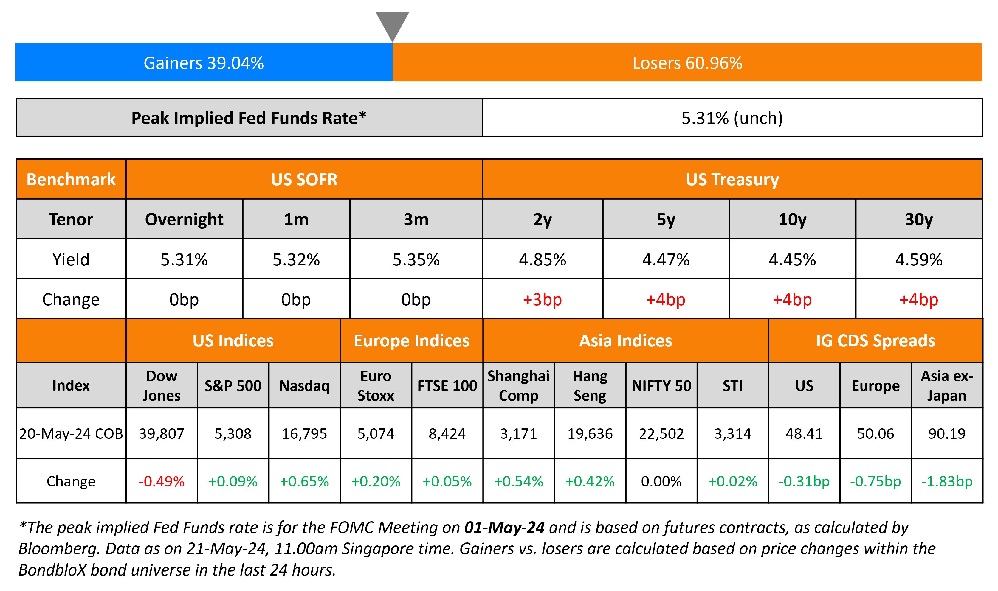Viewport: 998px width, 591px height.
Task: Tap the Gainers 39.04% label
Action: pos(204,63)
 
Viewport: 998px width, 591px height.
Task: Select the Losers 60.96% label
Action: pos(687,63)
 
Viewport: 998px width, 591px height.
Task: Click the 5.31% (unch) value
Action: pos(732,118)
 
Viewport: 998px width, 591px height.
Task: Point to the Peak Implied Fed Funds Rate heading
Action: pos(249,118)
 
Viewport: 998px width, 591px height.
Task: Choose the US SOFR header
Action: pos(304,179)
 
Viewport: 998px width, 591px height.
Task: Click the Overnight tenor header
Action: pos(184,220)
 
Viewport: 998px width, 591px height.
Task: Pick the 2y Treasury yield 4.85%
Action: pos(542,260)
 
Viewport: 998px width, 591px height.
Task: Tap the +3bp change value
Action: pos(542,299)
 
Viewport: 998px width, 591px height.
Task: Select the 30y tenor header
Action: pos(919,220)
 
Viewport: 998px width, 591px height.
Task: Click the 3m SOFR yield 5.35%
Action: pos(416,260)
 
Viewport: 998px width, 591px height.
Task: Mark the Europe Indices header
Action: pos(412,341)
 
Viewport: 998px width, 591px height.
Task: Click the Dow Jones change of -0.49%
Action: pos(161,481)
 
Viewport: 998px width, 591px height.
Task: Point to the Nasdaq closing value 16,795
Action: pos(304,434)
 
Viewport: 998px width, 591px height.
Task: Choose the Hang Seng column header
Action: pos(590,385)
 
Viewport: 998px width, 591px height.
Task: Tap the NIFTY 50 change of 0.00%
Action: pos(661,481)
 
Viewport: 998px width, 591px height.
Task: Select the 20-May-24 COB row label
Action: pos(71,434)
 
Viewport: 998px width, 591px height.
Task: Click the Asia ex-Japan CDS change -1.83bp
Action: pos(947,481)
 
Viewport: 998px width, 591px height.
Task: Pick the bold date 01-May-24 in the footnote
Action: pos(504,527)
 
